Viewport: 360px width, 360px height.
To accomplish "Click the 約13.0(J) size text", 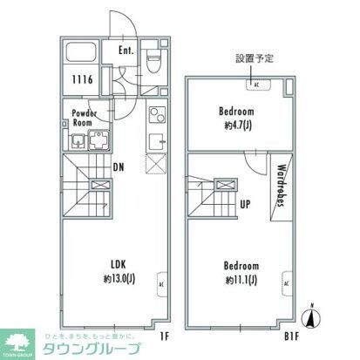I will tap(118, 279).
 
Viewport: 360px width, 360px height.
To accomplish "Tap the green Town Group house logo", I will tap(18, 341).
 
